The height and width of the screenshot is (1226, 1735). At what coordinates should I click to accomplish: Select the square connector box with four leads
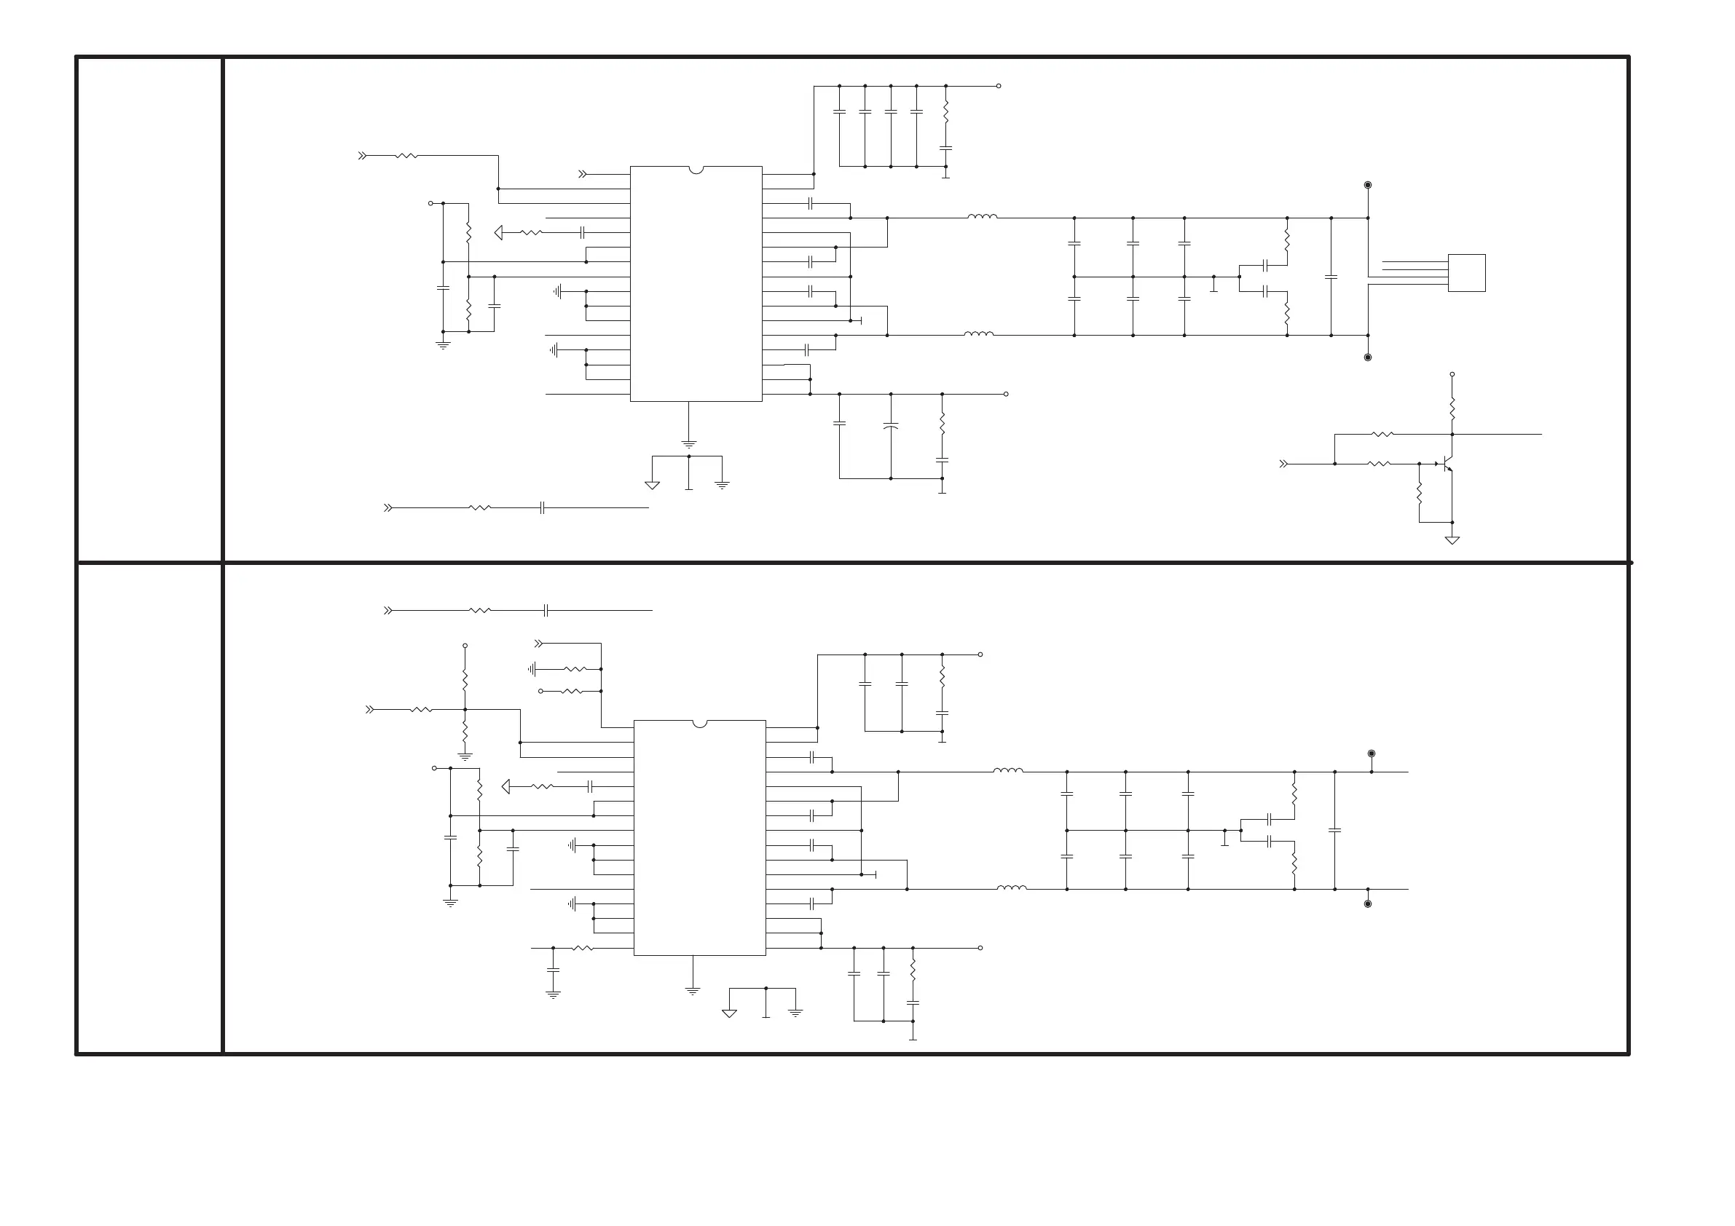[1467, 273]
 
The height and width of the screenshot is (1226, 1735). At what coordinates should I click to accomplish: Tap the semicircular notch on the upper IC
[696, 170]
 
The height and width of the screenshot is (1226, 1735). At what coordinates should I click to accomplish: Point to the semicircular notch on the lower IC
[700, 724]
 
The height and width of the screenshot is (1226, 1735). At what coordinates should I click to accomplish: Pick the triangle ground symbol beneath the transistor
[1452, 540]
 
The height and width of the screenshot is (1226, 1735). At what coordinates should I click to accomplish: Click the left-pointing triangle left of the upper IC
[499, 233]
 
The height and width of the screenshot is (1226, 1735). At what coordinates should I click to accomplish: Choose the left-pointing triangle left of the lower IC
[506, 787]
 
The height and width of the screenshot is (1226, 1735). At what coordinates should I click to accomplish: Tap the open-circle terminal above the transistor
[1452, 375]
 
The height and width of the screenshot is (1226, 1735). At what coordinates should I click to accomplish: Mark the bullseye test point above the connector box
[1368, 185]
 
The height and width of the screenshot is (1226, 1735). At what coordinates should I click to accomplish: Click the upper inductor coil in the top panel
[982, 217]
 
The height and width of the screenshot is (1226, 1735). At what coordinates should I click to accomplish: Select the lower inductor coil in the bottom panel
[1011, 888]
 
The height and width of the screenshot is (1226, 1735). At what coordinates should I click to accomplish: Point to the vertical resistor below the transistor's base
[1419, 494]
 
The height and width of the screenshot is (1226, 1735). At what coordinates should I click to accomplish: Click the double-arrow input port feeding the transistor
[1283, 464]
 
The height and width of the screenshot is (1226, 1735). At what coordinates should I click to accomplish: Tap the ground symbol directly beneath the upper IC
[688, 444]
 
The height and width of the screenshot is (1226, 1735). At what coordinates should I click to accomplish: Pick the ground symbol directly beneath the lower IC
[692, 990]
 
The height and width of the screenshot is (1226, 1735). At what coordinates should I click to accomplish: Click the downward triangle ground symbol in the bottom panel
[729, 1013]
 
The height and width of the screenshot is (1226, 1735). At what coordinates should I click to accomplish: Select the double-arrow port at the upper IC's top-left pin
[583, 175]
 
